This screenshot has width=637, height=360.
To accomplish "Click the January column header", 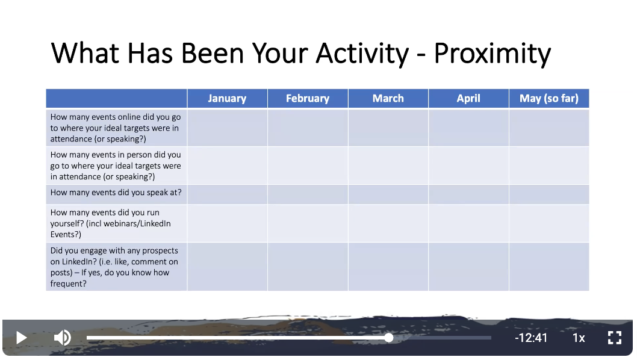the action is tap(227, 98).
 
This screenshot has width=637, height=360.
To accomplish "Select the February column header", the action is tap(308, 98).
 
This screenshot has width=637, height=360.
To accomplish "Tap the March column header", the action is tap(388, 98).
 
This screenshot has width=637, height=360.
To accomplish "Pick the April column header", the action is tap(468, 98).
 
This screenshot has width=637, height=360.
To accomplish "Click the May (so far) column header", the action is tap(549, 98).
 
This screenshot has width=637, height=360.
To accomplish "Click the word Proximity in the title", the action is tap(493, 54).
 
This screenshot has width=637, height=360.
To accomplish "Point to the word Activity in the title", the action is tap(362, 54).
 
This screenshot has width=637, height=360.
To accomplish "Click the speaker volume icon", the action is tap(63, 338).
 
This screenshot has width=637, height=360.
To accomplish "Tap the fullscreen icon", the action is tap(614, 338).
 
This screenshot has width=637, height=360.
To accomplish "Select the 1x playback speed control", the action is tap(579, 338).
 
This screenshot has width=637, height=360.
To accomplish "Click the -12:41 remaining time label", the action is tap(531, 338).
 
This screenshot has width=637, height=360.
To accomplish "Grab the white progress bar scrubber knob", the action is tap(389, 338).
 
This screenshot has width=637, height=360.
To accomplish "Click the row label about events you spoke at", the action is tap(116, 193).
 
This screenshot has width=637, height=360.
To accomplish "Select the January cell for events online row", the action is tap(227, 128).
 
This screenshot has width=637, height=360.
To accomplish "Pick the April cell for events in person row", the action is tap(468, 166).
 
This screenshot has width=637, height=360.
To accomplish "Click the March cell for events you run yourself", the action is tap(388, 223).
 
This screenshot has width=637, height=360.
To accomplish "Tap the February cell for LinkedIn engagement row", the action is tap(308, 267).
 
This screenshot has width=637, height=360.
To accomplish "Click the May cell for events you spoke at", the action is tap(549, 194).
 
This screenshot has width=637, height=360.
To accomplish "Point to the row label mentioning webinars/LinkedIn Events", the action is tap(111, 223).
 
